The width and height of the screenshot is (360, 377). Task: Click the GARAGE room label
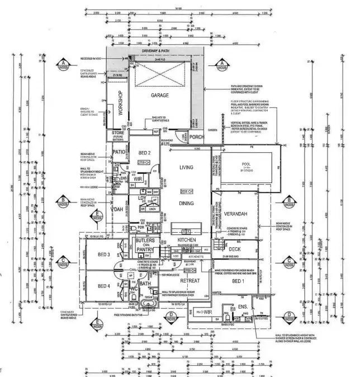pyautogui.click(x=159, y=96)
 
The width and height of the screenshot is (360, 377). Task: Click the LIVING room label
pyautogui.click(x=186, y=168)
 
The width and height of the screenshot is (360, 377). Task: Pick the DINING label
pyautogui.click(x=186, y=205)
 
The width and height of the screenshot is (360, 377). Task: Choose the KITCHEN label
pyautogui.click(x=186, y=239)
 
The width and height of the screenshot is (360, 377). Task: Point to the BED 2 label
pyautogui.click(x=144, y=153)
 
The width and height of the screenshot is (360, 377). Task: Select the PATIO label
pyautogui.click(x=119, y=152)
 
